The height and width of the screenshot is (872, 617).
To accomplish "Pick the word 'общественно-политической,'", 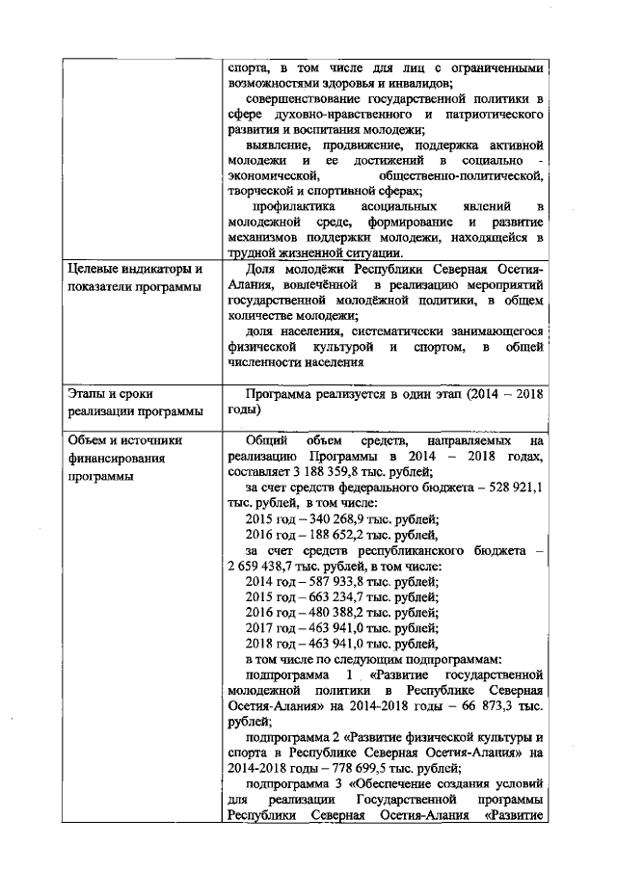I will tap(462, 176).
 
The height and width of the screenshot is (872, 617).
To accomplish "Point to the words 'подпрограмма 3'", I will tap(294, 783).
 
